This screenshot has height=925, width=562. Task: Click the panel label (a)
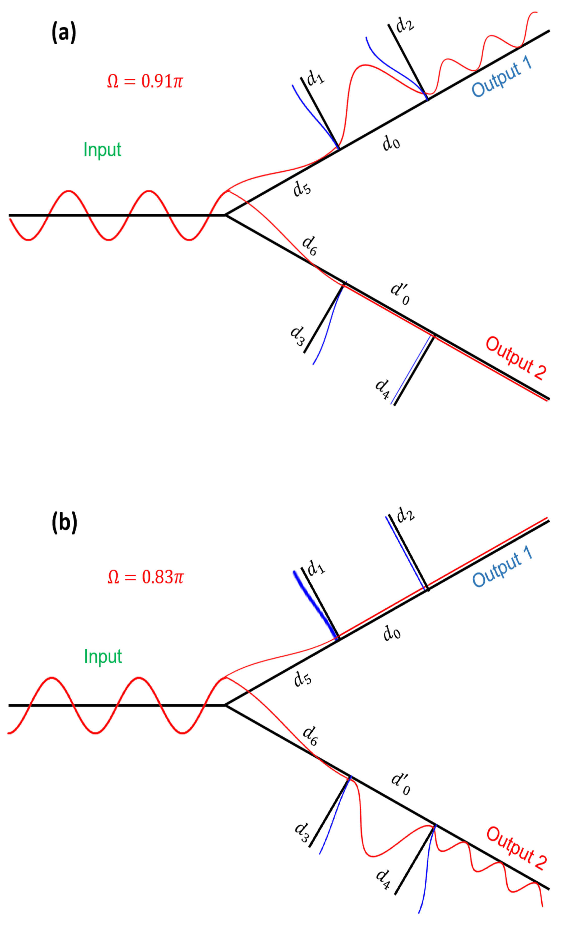pyautogui.click(x=64, y=33)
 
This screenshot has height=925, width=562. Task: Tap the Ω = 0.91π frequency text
pyautogui.click(x=145, y=81)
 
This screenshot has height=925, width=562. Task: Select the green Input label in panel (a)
pyautogui.click(x=102, y=150)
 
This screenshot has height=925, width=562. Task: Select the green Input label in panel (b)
pyautogui.click(x=103, y=656)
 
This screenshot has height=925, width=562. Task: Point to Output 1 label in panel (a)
pyautogui.click(x=501, y=77)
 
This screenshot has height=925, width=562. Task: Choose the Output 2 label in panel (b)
pyautogui.click(x=516, y=848)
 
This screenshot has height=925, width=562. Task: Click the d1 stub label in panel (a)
pyautogui.click(x=315, y=78)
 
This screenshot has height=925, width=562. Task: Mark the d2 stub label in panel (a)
pyautogui.click(x=405, y=25)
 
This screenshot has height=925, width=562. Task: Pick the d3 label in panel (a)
pyautogui.click(x=297, y=335)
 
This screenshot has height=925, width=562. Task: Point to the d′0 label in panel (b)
pyautogui.click(x=401, y=784)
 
